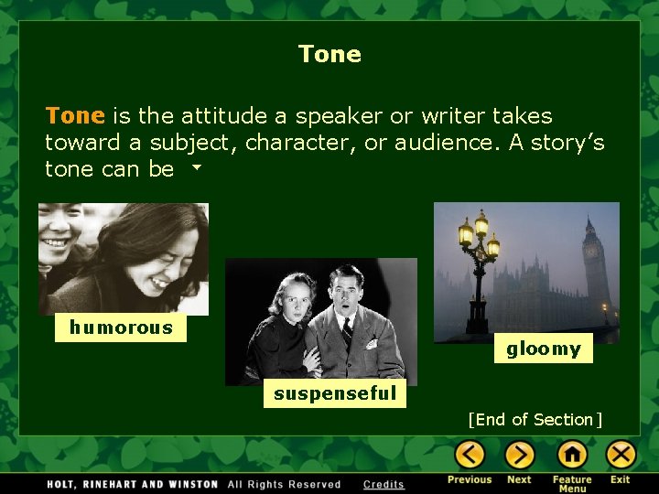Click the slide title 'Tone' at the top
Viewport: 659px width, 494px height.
click(x=329, y=54)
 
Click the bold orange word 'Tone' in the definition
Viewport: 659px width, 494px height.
click(x=75, y=116)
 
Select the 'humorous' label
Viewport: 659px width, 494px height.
click(x=121, y=328)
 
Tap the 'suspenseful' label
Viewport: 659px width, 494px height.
click(x=336, y=393)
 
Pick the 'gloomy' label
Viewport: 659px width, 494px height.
click(x=544, y=349)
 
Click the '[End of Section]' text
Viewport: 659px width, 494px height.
click(x=535, y=420)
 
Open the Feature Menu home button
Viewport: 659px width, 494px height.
click(x=572, y=454)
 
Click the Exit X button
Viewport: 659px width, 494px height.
click(x=621, y=454)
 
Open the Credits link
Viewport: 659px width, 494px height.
click(x=384, y=484)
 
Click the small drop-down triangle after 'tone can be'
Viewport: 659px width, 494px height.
click(x=195, y=169)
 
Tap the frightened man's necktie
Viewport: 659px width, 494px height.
click(x=347, y=331)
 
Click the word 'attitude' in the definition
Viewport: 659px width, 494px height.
click(x=220, y=116)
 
